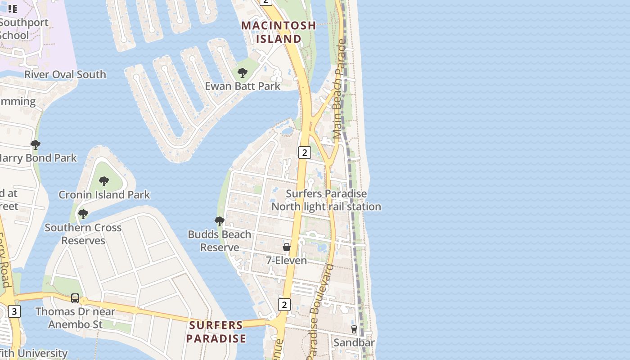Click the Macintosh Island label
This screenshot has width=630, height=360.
[279, 32]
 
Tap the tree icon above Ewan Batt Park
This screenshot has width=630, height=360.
[243, 72]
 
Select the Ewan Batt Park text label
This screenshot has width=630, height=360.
[243, 86]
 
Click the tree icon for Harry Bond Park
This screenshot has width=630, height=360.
[35, 145]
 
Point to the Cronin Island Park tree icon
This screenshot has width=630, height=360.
[104, 181]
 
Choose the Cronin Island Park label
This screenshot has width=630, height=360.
[104, 195]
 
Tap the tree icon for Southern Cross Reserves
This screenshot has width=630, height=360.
[83, 214]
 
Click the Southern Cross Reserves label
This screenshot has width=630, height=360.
[83, 234]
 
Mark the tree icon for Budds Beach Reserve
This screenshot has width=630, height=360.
[219, 221]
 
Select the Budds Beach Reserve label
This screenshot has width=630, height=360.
[219, 241]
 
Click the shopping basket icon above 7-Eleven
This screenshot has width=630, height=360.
[287, 247]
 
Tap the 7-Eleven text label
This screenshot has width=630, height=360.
[287, 261]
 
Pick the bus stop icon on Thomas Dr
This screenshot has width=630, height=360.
[75, 298]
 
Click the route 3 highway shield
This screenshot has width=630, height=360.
[14, 311]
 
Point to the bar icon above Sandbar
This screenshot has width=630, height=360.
[354, 329]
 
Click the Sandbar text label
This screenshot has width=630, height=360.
[354, 343]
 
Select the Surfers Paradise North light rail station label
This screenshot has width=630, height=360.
[326, 200]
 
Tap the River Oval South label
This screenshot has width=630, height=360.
[65, 75]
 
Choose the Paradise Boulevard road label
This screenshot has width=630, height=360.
[321, 310]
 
